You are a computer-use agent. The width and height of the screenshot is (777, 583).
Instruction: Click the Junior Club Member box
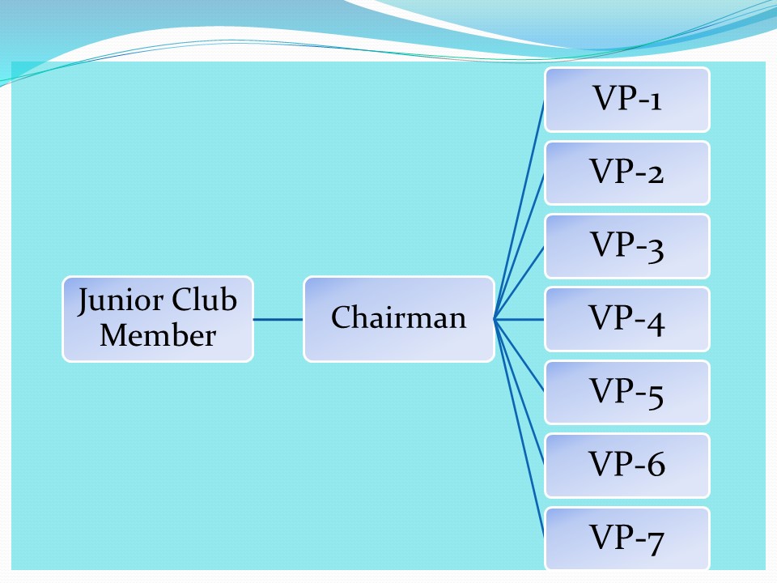(158, 319)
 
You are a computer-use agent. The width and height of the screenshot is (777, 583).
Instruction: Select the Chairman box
(398, 319)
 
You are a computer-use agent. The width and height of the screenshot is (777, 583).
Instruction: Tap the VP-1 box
(627, 100)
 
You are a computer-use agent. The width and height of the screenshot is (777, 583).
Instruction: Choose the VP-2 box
(627, 172)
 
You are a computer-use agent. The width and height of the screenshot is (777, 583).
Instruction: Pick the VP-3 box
(627, 246)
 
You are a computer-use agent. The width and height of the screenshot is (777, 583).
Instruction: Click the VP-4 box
(627, 319)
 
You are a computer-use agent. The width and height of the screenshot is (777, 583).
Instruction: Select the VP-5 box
(627, 393)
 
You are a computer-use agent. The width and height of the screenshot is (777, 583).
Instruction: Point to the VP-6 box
(627, 466)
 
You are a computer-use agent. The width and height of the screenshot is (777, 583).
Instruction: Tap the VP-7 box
(627, 538)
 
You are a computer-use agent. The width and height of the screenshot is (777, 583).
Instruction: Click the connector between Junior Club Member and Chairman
(278, 319)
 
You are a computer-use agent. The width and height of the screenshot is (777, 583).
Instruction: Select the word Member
(158, 335)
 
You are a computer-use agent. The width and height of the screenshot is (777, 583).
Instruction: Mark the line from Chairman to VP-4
(520, 319)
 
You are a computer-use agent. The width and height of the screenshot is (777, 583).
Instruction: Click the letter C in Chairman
(340, 317)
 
